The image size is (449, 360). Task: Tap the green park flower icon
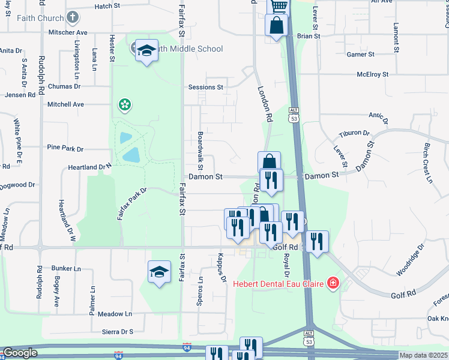[125, 106]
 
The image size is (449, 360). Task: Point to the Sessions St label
[205, 87]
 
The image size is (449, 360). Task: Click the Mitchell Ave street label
[65, 104]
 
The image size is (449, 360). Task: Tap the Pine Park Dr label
[65, 148]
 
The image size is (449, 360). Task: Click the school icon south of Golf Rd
[159, 272]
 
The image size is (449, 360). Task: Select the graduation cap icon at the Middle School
[146, 52]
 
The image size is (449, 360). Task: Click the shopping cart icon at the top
[278, 6]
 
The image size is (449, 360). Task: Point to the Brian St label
[309, 36]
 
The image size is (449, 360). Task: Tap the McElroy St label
[372, 74]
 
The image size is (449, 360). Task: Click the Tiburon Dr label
[353, 133]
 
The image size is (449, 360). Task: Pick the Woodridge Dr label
[410, 260]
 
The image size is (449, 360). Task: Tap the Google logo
[20, 353]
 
